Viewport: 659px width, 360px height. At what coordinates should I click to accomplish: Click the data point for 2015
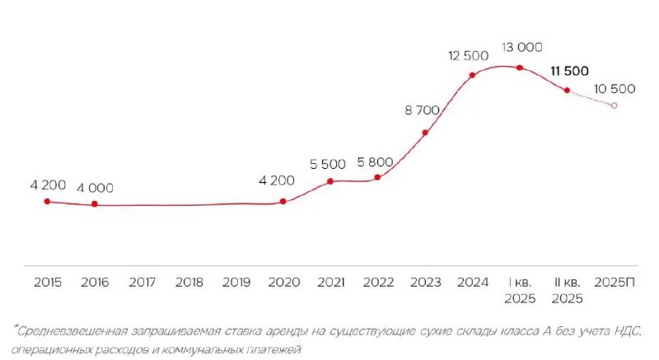click(47, 201)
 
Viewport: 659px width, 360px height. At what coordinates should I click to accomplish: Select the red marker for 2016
click(95, 204)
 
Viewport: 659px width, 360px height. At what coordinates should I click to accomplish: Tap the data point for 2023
click(425, 132)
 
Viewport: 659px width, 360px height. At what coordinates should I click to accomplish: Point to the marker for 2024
click(473, 75)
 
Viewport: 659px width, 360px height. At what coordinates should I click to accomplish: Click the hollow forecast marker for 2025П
click(614, 105)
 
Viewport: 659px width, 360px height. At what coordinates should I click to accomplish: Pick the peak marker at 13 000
click(520, 68)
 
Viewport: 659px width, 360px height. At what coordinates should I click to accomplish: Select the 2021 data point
click(330, 181)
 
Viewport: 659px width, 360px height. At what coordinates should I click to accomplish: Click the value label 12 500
click(470, 55)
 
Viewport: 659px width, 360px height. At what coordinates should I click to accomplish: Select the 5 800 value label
click(376, 161)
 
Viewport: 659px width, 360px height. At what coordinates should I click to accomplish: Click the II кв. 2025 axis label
click(567, 289)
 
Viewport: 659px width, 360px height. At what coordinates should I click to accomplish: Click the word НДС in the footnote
click(625, 331)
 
